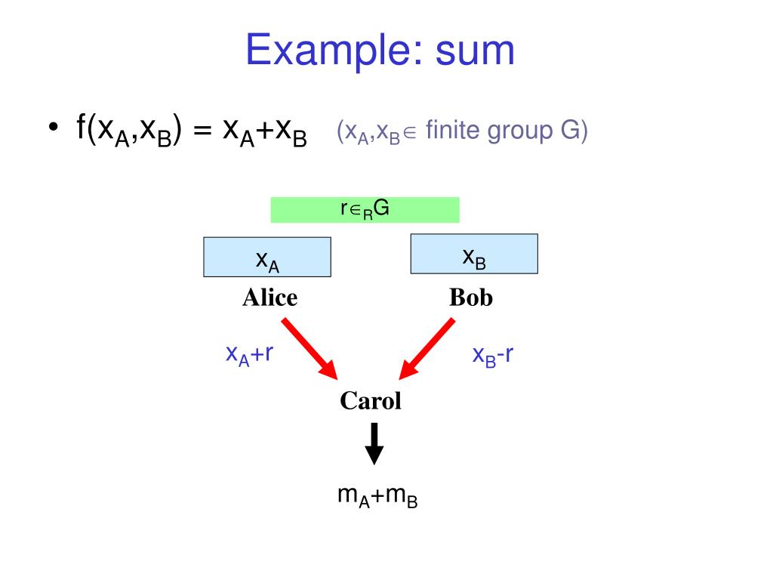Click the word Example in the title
pyautogui.click(x=332, y=52)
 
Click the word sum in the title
pyautogui.click(x=475, y=52)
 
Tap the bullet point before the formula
pyautogui.click(x=52, y=128)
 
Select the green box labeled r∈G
pyautogui.click(x=365, y=210)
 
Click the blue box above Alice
pyautogui.click(x=267, y=258)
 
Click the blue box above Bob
pyautogui.click(x=473, y=254)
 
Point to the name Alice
pyautogui.click(x=269, y=298)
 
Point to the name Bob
pyautogui.click(x=470, y=298)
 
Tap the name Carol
pyautogui.click(x=370, y=401)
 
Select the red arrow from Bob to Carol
pyautogui.click(x=427, y=348)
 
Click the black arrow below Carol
pyautogui.click(x=374, y=443)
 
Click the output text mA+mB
pyautogui.click(x=377, y=496)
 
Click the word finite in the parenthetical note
pyautogui.click(x=452, y=131)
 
